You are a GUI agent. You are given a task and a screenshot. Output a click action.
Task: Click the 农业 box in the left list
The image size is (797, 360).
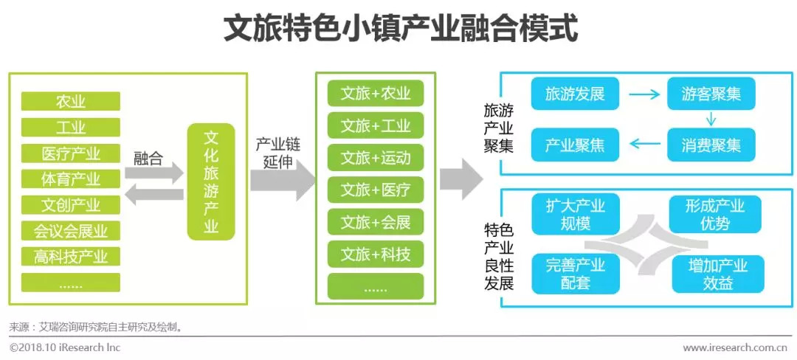[71, 102]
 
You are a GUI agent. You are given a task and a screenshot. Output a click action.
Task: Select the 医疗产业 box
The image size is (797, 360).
[71, 153]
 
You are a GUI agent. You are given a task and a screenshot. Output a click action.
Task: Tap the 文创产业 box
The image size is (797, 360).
[71, 204]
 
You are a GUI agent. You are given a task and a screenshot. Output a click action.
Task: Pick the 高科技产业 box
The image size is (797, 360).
[71, 256]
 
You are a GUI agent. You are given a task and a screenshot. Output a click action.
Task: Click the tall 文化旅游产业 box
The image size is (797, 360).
[211, 181]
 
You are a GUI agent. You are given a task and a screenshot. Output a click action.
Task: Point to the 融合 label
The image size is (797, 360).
[148, 158]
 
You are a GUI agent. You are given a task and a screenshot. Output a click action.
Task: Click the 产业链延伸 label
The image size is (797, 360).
[278, 153]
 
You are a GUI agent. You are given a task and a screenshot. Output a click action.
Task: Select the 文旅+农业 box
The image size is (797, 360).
[376, 94]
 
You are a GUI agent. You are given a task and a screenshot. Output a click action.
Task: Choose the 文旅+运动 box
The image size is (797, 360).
[376, 158]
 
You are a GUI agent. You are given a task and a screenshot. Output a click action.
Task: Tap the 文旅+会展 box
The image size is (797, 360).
[376, 221]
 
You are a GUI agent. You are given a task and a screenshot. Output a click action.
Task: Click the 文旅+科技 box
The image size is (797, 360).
[376, 255]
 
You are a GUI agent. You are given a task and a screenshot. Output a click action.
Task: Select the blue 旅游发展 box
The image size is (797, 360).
[575, 94]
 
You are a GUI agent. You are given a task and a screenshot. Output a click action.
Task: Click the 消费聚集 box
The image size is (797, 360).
[711, 145]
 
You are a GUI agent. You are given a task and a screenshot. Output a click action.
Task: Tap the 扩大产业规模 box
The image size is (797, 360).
[575, 215]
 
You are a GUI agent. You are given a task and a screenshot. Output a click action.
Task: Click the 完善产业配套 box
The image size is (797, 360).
[575, 274]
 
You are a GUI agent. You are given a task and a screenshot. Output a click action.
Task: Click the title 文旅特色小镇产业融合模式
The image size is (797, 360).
[399, 30]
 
